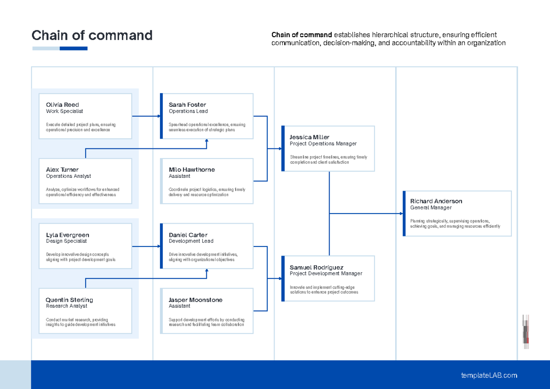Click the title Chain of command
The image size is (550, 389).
pos(92,35)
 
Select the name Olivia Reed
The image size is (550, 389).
pos(62,105)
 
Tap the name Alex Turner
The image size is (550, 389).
pos(62,170)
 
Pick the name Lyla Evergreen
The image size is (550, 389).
pos(67,235)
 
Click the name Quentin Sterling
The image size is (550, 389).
pos(69,300)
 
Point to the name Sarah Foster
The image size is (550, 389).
pos(187,105)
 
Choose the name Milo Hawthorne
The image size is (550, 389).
pos(192,170)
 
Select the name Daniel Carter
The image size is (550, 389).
pos(188,235)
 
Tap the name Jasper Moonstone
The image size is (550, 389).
pos(196,300)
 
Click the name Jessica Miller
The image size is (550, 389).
pos(309,137)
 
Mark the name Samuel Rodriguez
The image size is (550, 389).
pos(317,268)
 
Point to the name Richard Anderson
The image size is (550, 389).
pos(436,201)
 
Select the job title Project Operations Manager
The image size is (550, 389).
pos(323,144)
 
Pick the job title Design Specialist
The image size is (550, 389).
pos(66,241)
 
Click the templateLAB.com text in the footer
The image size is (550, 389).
pos(489,375)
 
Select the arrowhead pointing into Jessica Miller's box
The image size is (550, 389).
pos(280,148)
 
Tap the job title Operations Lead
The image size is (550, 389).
pos(188,111)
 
